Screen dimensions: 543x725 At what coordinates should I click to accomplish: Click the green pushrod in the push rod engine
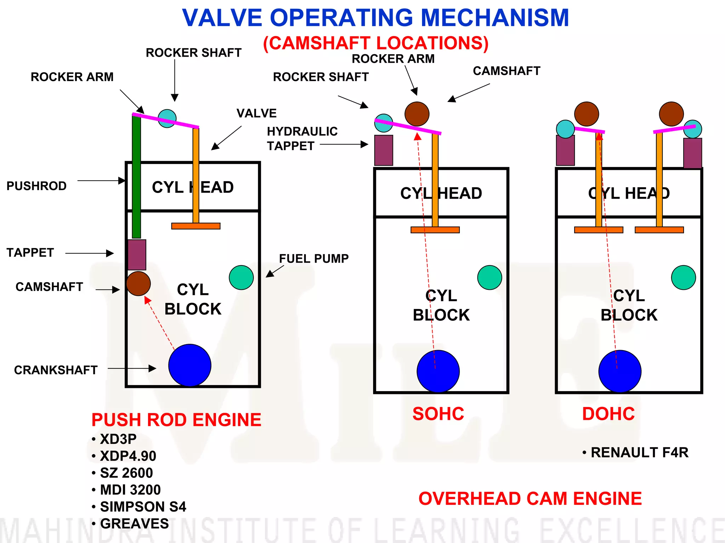pos(136,177)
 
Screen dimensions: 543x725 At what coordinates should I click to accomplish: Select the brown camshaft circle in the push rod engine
pos(138,284)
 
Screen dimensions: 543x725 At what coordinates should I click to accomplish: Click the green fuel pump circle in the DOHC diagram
pos(683,278)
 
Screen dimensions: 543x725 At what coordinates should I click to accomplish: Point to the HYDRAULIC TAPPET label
pos(302,138)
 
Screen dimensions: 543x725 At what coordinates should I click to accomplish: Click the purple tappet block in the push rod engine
pos(137,255)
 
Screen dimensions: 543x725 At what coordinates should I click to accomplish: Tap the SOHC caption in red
pos(438,413)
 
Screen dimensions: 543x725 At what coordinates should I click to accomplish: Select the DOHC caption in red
pos(608,413)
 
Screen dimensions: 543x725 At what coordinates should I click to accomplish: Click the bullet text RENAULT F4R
pos(639,452)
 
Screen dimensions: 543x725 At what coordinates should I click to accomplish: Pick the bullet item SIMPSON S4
pos(143,507)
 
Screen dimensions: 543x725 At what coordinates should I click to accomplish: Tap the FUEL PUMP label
pos(314,258)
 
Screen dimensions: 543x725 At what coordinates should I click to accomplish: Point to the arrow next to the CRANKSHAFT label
pos(132,368)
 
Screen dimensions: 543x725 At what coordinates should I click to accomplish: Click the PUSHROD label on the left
pos(36,186)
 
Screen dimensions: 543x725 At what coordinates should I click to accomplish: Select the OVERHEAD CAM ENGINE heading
pos(530,498)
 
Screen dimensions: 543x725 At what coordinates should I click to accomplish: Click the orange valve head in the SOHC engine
pos(435,230)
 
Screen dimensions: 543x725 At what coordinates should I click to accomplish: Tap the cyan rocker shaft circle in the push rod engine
pos(167,118)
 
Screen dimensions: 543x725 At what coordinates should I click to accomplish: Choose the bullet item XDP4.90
pos(128,456)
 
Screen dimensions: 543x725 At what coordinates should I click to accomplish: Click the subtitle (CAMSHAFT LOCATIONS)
pos(376,43)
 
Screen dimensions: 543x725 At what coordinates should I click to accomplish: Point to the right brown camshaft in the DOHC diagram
pos(671,114)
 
